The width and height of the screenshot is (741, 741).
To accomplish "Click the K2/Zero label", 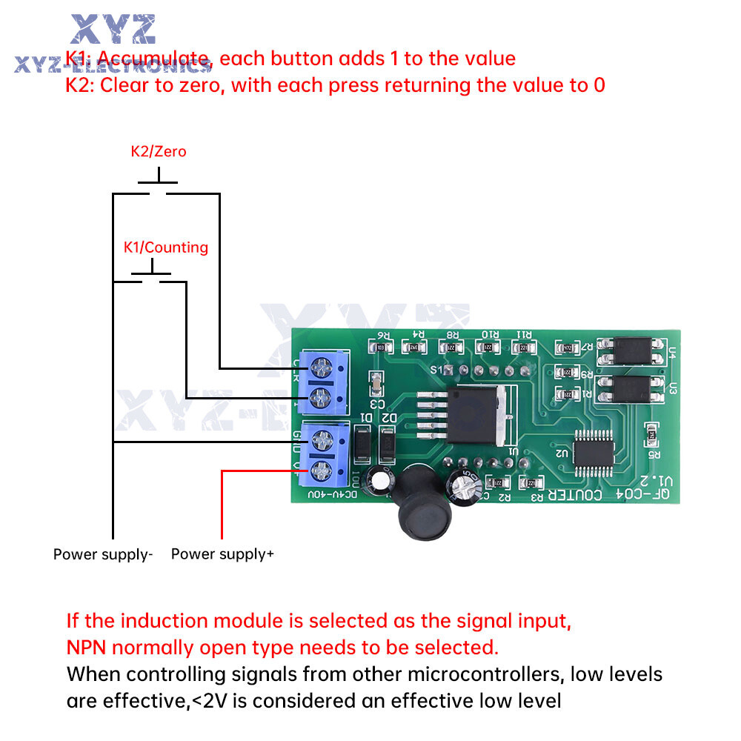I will coord(159,152).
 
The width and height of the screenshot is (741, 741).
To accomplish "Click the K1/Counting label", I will coord(165,247).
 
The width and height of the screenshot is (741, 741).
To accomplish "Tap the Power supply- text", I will coord(103,554).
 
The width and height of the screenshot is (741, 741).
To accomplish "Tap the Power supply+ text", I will coord(222,554).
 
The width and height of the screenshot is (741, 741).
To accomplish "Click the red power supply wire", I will coord(222,504).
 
